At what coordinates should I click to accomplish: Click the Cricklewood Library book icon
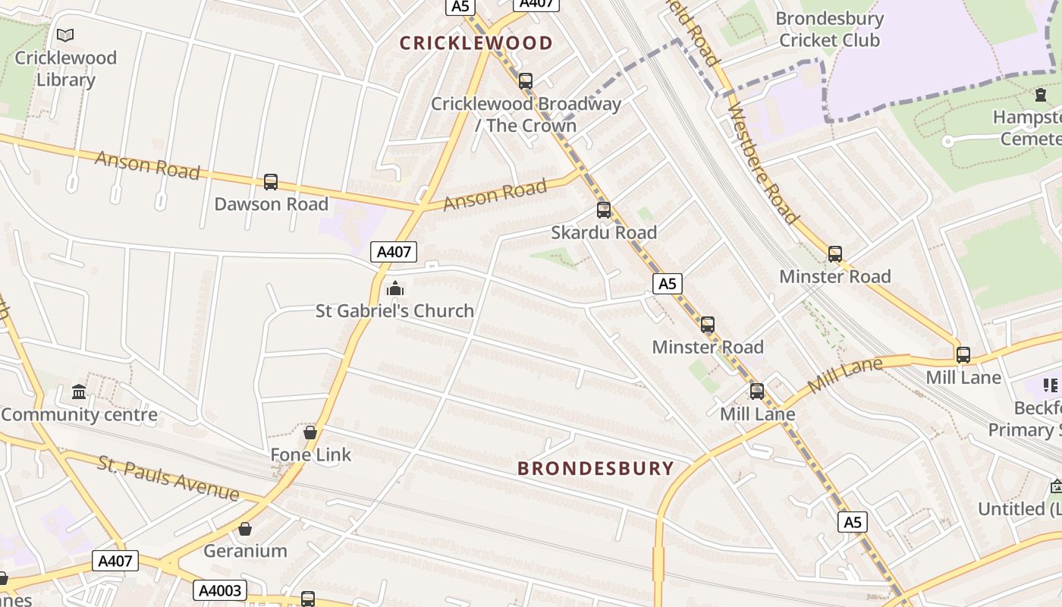[x=66, y=35]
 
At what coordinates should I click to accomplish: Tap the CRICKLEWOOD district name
[x=476, y=43]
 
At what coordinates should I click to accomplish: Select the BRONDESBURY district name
[x=595, y=468]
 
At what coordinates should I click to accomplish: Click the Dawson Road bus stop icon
[x=271, y=182]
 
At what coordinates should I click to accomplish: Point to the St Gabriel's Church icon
[x=394, y=288]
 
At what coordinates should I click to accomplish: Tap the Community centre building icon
[x=79, y=392]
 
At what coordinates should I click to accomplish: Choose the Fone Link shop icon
[x=310, y=432]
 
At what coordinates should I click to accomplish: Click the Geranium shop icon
[x=245, y=529]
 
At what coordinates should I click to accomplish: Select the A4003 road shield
[x=220, y=590]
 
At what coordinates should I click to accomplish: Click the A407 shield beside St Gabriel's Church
[x=394, y=252]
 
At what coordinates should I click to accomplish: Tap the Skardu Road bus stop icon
[x=604, y=210]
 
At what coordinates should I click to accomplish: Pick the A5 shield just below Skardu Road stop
[x=667, y=284]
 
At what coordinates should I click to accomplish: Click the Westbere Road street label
[x=763, y=165]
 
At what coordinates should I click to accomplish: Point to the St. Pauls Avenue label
[x=168, y=479]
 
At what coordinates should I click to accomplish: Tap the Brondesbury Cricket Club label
[x=829, y=29]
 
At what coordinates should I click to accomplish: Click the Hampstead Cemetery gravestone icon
[x=1041, y=96]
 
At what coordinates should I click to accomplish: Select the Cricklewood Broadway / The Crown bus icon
[x=525, y=81]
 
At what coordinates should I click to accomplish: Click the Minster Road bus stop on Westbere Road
[x=835, y=254]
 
